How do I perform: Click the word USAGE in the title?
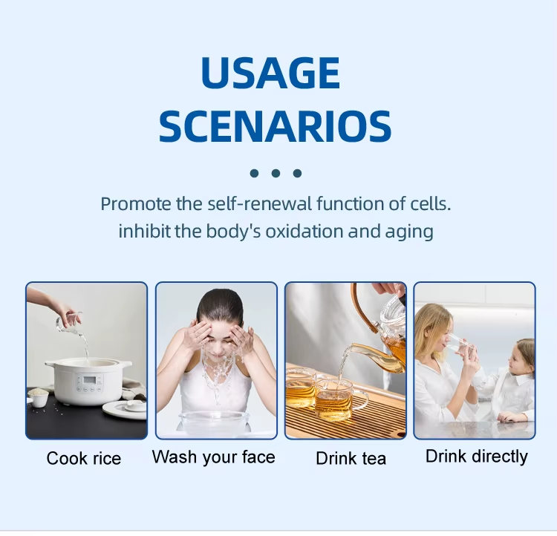[x=270, y=73]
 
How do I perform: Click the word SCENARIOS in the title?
[x=275, y=126]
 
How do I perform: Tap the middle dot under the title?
[x=276, y=173]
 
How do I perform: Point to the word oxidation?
[x=304, y=231]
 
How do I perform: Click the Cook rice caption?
[x=84, y=458]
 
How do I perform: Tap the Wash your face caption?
[x=213, y=457]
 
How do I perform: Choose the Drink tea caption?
[x=351, y=458]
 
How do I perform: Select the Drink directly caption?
[x=477, y=457]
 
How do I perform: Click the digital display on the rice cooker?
[x=90, y=380]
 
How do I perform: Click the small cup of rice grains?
[x=39, y=397]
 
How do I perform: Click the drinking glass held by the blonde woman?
[x=459, y=346]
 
